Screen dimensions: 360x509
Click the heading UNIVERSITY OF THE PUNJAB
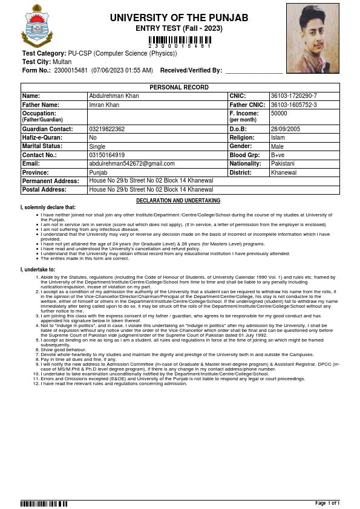tap(179, 18)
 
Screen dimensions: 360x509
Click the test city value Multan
tap(62, 62)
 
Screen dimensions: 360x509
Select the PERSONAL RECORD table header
tap(179, 88)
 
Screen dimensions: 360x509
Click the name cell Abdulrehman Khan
tap(114, 96)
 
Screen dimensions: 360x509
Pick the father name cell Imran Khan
tap(106, 105)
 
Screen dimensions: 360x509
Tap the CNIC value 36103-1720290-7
tap(293, 96)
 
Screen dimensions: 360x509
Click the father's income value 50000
tap(279, 113)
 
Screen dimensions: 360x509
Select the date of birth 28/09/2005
tap(286, 129)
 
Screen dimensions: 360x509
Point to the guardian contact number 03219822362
tap(107, 129)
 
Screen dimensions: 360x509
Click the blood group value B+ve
tap(278, 155)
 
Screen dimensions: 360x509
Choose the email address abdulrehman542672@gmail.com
tap(132, 164)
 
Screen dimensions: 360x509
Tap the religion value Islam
tap(278, 138)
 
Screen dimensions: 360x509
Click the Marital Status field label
tap(42, 146)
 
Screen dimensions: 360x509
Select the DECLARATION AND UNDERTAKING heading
tap(178, 201)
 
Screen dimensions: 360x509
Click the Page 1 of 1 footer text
tap(327, 503)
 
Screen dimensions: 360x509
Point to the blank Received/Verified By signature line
tap(254, 72)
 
